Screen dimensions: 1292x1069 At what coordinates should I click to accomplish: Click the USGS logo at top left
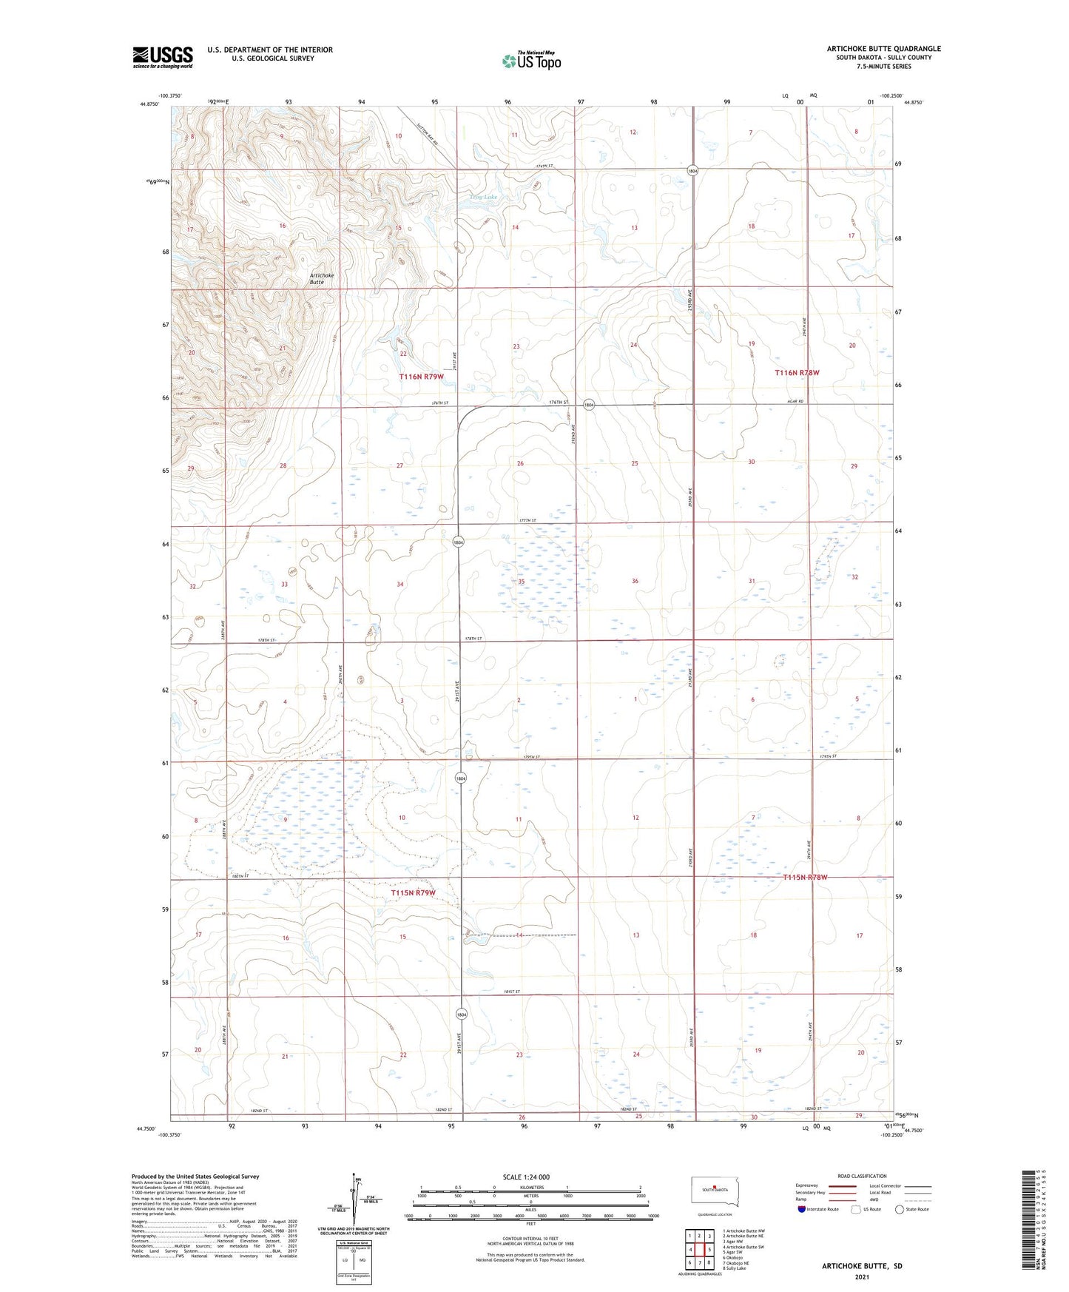click(163, 57)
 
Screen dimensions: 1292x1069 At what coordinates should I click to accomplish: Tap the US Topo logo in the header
click(530, 61)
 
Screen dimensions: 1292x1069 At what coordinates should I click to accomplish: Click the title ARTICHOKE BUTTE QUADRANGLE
click(883, 49)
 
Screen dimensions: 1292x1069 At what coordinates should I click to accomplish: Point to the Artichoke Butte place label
click(321, 279)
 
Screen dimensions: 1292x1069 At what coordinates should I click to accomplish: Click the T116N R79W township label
click(421, 377)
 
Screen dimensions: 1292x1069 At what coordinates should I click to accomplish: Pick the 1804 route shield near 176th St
click(589, 405)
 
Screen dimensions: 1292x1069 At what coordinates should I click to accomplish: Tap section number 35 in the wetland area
click(521, 582)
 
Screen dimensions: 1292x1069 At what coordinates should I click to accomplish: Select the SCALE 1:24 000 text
click(525, 1177)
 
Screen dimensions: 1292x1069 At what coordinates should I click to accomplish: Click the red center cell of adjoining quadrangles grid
click(699, 1250)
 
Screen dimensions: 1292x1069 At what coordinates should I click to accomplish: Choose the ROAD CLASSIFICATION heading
click(862, 1176)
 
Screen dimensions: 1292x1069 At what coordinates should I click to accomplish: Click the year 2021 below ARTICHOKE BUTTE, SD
click(861, 1277)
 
